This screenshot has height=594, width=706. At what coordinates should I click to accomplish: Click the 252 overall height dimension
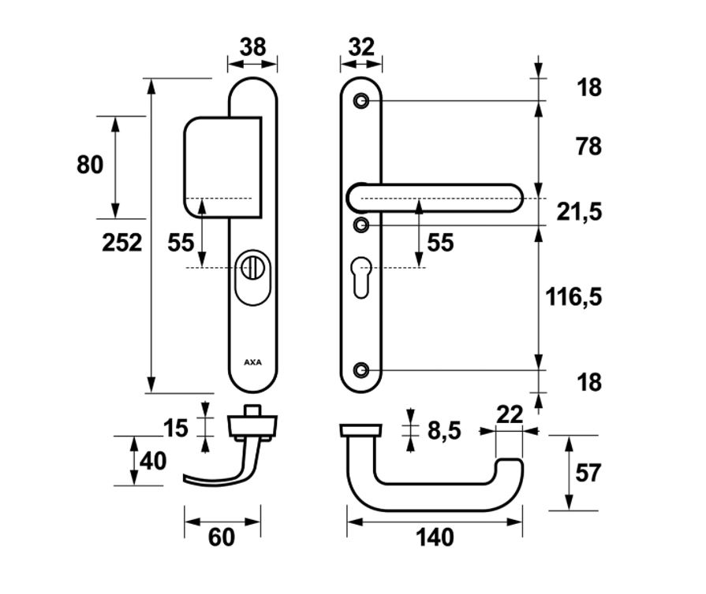pos(122,243)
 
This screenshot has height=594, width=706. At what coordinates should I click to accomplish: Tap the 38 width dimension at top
pos(252,46)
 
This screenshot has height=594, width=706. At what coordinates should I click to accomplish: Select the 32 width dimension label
pos(361,46)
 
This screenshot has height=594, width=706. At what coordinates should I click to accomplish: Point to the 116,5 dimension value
pos(573,297)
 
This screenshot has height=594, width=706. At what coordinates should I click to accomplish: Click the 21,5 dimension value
pos(579,212)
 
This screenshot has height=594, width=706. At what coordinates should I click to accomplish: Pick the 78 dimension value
pos(588,147)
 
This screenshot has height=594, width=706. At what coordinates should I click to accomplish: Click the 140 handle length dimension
pos(435,537)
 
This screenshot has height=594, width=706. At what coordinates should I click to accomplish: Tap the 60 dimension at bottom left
pos(221,537)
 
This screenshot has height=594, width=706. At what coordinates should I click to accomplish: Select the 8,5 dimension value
pos(444,431)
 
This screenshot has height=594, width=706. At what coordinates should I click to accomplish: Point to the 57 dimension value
pos(588,473)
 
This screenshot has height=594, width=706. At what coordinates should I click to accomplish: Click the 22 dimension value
pos(510,414)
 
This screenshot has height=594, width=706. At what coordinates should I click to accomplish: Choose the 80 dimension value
pos(90,165)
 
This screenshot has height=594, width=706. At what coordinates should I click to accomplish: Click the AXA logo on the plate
pos(252,362)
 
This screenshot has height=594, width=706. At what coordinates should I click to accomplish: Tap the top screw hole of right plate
pos(360,101)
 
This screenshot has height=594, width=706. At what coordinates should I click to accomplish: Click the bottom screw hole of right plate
pos(360,370)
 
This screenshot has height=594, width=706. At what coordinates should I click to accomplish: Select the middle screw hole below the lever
pos(360,225)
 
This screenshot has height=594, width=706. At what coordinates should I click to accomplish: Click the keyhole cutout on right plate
pos(361,277)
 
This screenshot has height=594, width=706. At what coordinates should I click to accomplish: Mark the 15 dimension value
pos(176,428)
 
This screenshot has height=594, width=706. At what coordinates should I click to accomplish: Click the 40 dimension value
pos(153,462)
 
